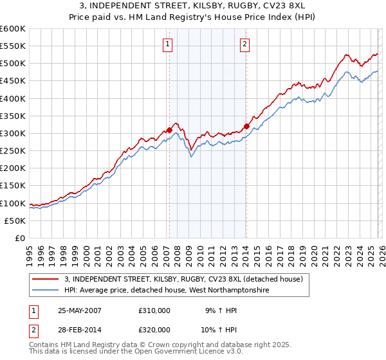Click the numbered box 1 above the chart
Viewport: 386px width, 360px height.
[167, 44]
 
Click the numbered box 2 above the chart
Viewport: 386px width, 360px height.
[245, 44]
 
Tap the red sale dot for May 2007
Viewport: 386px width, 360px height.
[170, 130]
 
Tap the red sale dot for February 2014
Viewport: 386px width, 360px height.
[246, 127]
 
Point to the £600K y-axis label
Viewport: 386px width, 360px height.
[13, 29]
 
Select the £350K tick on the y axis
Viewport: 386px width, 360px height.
[13, 116]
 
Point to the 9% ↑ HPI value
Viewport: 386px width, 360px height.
[221, 310]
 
